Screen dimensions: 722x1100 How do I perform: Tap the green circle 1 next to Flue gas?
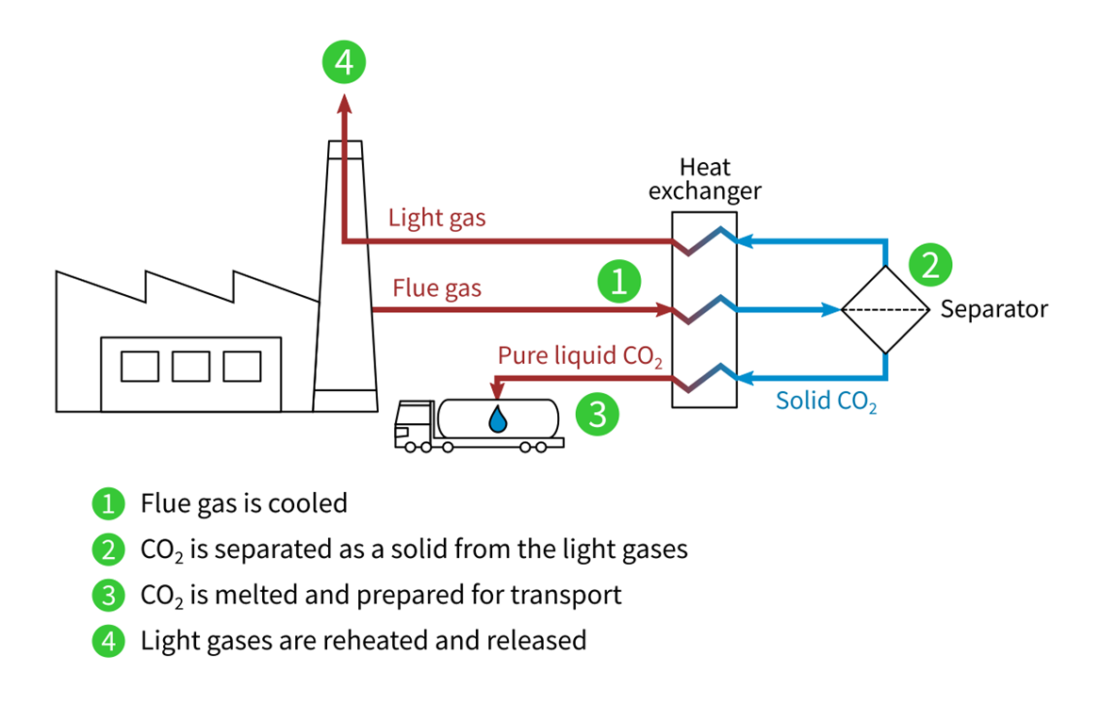coord(618,281)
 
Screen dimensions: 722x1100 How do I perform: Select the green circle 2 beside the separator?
coord(929,265)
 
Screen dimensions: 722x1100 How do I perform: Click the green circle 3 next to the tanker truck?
coord(597,413)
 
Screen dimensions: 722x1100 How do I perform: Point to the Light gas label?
coord(436,218)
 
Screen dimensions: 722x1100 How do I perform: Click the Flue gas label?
coord(436,287)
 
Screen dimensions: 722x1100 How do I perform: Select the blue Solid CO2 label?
coord(826,401)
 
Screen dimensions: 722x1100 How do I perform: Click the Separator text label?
coord(993,309)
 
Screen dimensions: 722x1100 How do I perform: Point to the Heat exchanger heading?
coord(704,180)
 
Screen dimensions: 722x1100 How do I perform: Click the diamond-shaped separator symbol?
coord(884,309)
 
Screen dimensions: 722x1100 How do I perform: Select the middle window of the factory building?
coord(191,366)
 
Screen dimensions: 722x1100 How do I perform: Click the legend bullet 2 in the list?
coord(108,549)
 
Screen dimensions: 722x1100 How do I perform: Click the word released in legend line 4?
coord(537,641)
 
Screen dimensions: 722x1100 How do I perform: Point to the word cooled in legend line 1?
coord(307,503)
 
